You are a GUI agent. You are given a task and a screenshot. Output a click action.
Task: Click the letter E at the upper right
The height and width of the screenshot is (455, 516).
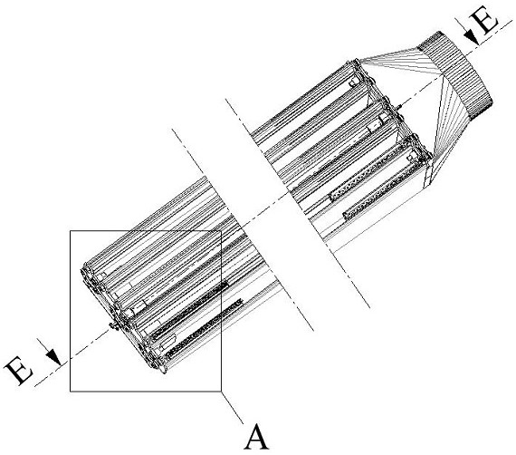click(x=485, y=21)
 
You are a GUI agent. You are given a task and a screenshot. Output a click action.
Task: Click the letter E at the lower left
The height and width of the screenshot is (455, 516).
click(x=19, y=371)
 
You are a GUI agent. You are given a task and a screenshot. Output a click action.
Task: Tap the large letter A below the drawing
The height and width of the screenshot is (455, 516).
click(x=256, y=438)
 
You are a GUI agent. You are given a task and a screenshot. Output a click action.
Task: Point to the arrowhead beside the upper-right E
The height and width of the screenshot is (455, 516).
click(x=473, y=36)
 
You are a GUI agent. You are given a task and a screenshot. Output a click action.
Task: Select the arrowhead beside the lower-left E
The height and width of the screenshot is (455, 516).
click(x=54, y=357)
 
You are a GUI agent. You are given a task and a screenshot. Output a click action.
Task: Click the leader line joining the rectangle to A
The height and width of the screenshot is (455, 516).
click(x=233, y=408)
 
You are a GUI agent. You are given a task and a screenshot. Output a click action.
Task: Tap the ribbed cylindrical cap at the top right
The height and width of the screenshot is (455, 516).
click(x=457, y=75)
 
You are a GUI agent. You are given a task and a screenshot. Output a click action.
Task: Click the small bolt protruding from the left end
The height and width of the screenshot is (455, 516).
click(x=115, y=324)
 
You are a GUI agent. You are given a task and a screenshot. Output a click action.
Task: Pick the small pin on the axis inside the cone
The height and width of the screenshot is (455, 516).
click(x=400, y=106)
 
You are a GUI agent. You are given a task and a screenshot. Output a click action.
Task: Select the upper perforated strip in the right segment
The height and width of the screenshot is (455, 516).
click(x=367, y=172)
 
